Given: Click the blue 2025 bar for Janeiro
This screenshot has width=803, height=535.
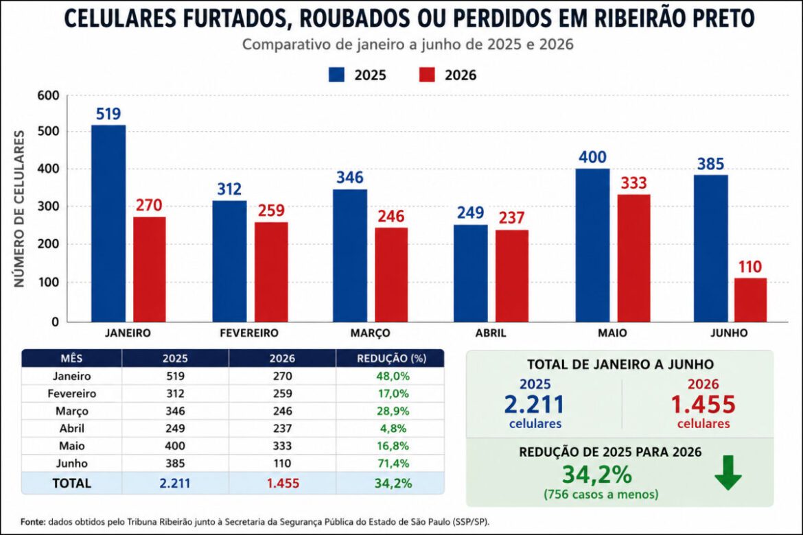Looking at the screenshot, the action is [108, 223].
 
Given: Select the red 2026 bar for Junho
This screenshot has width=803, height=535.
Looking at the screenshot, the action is [750, 300].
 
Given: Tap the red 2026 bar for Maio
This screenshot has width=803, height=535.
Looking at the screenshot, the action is [633, 258].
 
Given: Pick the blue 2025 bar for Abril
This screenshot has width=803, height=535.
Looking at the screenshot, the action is [471, 274].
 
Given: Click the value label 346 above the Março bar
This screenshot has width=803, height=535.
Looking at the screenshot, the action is [350, 178].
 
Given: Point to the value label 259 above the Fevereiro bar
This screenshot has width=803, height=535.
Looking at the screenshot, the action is [271, 211].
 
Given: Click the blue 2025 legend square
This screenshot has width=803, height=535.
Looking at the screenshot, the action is [336, 75].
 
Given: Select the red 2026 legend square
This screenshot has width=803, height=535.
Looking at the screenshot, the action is [427, 75].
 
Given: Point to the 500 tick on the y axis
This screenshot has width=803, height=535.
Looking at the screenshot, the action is [48, 132].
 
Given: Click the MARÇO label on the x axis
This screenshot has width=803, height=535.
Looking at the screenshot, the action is [370, 333].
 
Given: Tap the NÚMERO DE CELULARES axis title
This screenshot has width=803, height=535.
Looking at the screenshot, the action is [19, 209].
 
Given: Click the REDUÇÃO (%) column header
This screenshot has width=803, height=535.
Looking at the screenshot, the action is [391, 358].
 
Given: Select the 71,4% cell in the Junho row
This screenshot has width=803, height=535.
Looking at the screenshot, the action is [393, 464].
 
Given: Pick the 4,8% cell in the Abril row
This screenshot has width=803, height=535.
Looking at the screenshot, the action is [393, 429].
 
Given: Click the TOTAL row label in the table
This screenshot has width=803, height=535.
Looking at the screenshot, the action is [71, 484].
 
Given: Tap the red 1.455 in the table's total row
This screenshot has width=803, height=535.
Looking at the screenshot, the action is [283, 484].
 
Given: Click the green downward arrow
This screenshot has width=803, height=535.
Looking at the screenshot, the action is [728, 473].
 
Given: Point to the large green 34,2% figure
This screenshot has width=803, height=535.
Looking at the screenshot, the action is [597, 475].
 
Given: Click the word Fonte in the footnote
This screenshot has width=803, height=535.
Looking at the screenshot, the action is [33, 522].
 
